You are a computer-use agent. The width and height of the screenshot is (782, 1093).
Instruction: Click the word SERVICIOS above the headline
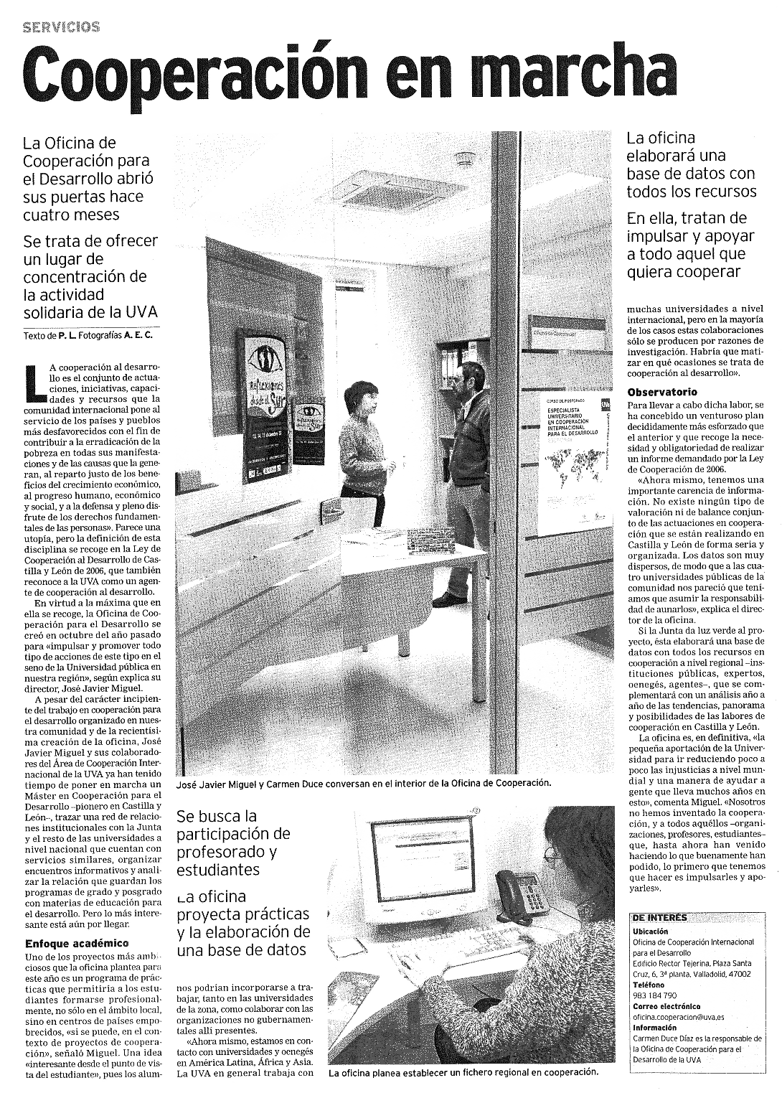coord(62,27)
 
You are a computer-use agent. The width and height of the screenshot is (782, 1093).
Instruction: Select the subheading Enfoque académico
coord(77,943)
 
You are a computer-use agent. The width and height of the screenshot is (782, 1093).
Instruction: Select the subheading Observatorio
coord(661,392)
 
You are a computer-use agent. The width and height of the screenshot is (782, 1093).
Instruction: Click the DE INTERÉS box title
coord(659,917)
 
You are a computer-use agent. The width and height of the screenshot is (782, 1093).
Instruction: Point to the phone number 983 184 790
coord(654,995)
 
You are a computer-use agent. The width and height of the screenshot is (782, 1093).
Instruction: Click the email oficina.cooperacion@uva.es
coord(678,1017)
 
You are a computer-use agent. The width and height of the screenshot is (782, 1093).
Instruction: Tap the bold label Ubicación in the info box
coord(650,931)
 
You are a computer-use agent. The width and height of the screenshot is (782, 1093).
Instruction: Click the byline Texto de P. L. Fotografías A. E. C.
coord(88,335)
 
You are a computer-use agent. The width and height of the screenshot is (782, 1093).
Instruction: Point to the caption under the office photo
coord(364,783)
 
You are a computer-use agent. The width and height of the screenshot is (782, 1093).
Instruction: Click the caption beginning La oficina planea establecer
coord(463,1072)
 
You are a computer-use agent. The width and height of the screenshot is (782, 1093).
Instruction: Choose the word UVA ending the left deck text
coord(143,313)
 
